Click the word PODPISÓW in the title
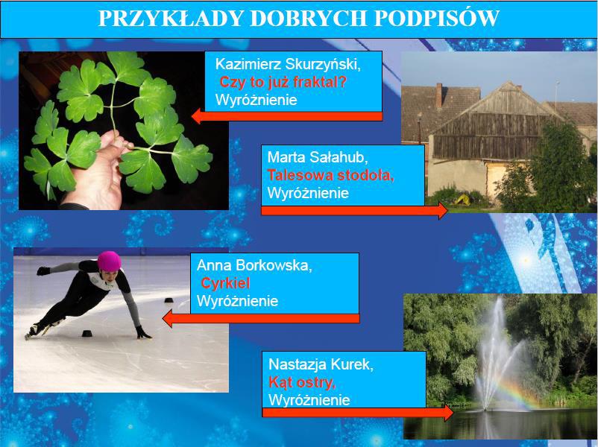pyautogui.click(x=436, y=18)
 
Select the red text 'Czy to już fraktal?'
pyautogui.click(x=283, y=82)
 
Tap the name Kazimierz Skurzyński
pyautogui.click(x=288, y=64)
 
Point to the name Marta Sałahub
pyautogui.click(x=318, y=157)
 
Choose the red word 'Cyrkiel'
pyautogui.click(x=225, y=283)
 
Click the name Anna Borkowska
pyautogui.click(x=254, y=265)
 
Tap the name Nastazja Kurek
pyautogui.click(x=321, y=364)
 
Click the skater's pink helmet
pyautogui.click(x=109, y=261)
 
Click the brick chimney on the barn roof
pyautogui.click(x=439, y=95)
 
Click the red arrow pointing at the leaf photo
pyautogui.click(x=287, y=116)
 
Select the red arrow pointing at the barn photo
pyautogui.click(x=354, y=211)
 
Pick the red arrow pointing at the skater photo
pyautogui.click(x=261, y=319)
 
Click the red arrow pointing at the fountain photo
pyautogui.click(x=358, y=413)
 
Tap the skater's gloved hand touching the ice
pyautogui.click(x=142, y=333)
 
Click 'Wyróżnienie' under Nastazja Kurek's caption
pyautogui.click(x=309, y=400)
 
